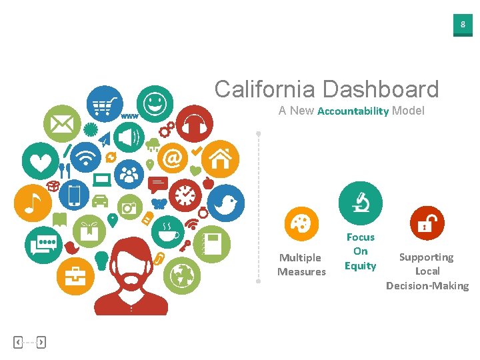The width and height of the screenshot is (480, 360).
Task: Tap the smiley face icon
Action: point(155,104)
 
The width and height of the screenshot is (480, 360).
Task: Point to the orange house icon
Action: point(220,159)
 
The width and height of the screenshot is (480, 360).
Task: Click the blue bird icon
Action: point(225,203)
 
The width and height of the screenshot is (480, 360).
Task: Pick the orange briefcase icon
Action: point(75,275)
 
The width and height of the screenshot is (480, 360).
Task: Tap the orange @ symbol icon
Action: point(173,159)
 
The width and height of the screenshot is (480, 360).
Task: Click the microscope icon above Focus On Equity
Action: point(361,203)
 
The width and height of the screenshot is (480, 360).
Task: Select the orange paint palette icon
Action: point(301,224)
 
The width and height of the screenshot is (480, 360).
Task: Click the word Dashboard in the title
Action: point(381,89)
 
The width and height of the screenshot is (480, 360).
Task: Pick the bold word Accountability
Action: point(353,111)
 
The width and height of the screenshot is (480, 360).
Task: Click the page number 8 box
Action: point(463,25)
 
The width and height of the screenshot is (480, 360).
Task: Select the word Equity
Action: point(361,266)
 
